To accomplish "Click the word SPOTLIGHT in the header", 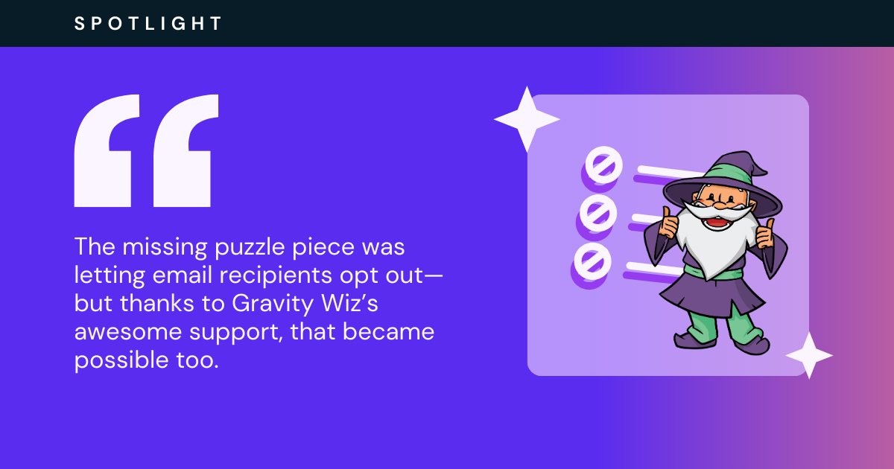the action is coord(148,24).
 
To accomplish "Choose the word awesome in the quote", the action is coord(128,332).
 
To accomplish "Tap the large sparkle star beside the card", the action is coord(527,119).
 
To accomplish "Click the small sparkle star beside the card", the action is coord(809,355).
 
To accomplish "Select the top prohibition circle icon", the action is coord(603,165).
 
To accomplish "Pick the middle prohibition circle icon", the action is coord(597,213).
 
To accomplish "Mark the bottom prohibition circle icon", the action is coord(592,261).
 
